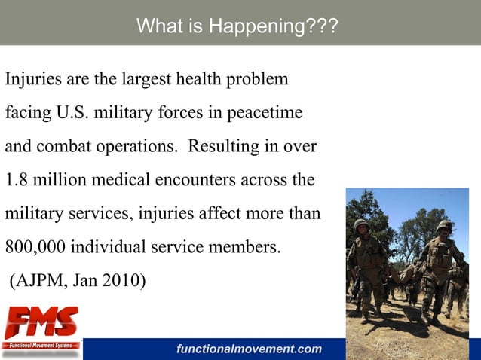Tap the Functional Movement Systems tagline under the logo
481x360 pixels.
point(41,345)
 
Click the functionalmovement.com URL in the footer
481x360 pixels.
point(249,349)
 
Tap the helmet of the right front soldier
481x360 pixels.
point(445,226)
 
